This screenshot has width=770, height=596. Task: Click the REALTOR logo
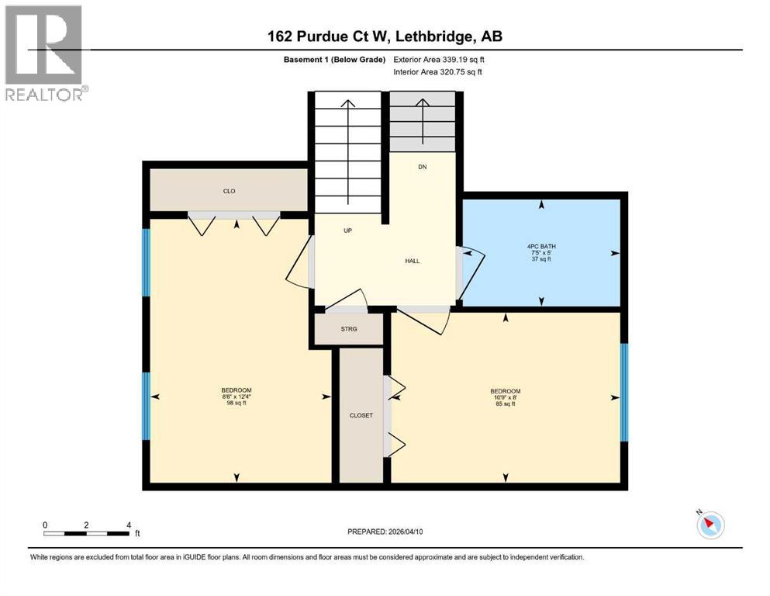coord(45,53)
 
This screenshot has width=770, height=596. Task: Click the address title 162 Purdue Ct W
coord(385,36)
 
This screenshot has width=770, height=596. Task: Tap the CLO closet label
coord(229,191)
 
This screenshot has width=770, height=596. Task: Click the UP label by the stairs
coord(348,230)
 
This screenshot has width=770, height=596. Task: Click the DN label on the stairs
coord(422,167)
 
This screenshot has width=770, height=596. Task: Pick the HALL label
coord(412,261)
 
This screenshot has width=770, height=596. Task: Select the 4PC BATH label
coord(541,247)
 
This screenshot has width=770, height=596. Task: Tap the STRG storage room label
coord(349,329)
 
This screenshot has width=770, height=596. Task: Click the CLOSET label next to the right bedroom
coord(361,415)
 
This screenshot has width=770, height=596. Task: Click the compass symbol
coord(710,525)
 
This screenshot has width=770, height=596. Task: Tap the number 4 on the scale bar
coord(128,525)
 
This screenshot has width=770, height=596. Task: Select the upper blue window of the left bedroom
coord(145,262)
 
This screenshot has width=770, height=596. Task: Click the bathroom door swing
coord(472,272)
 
